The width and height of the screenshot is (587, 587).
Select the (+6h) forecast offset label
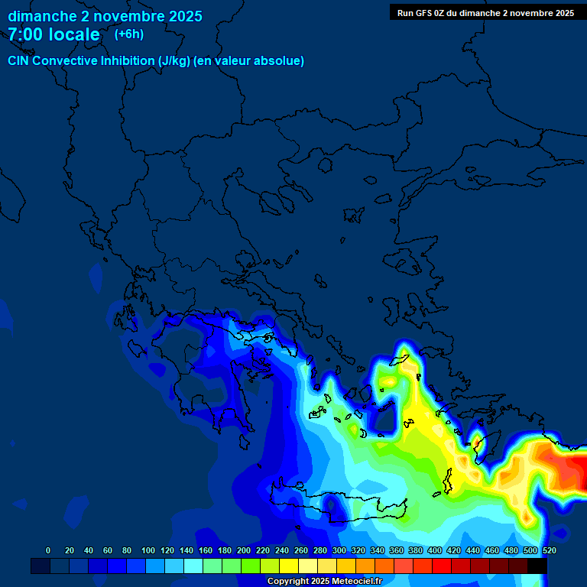pos(128,34)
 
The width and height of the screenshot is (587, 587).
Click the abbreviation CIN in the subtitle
pos(19,60)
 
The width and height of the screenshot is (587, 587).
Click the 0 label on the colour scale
pos(48,550)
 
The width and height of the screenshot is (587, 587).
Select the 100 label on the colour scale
pos(148,550)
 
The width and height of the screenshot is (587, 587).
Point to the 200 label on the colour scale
pos(244,550)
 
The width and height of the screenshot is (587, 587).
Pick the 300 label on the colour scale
pos(339,550)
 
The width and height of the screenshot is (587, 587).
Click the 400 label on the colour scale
pos(435,550)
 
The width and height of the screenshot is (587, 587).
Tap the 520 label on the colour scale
pos(549,550)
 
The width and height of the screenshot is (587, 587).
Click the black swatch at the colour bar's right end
pos(537,566)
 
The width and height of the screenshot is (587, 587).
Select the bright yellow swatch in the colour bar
pos(289,566)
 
